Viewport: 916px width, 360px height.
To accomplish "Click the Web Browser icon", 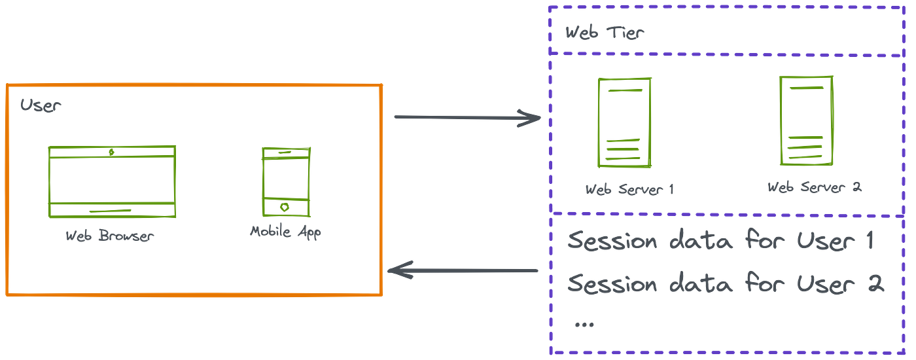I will (x=112, y=181).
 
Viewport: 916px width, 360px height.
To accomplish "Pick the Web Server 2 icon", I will (x=806, y=121).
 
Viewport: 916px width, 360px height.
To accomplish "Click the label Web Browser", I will (x=110, y=236).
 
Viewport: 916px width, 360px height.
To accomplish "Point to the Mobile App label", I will (x=285, y=232).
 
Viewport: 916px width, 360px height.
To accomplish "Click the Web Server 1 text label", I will (x=629, y=190).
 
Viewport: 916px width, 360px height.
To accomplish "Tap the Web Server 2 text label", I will (x=815, y=188).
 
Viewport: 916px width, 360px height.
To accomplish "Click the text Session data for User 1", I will (x=720, y=242).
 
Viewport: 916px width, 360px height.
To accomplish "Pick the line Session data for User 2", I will (x=725, y=284).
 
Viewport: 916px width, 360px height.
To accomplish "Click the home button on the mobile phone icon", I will (x=285, y=206).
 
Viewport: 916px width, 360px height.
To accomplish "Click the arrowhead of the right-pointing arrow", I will (x=531, y=118).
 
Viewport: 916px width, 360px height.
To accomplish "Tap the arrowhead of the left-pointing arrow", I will (x=400, y=269).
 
